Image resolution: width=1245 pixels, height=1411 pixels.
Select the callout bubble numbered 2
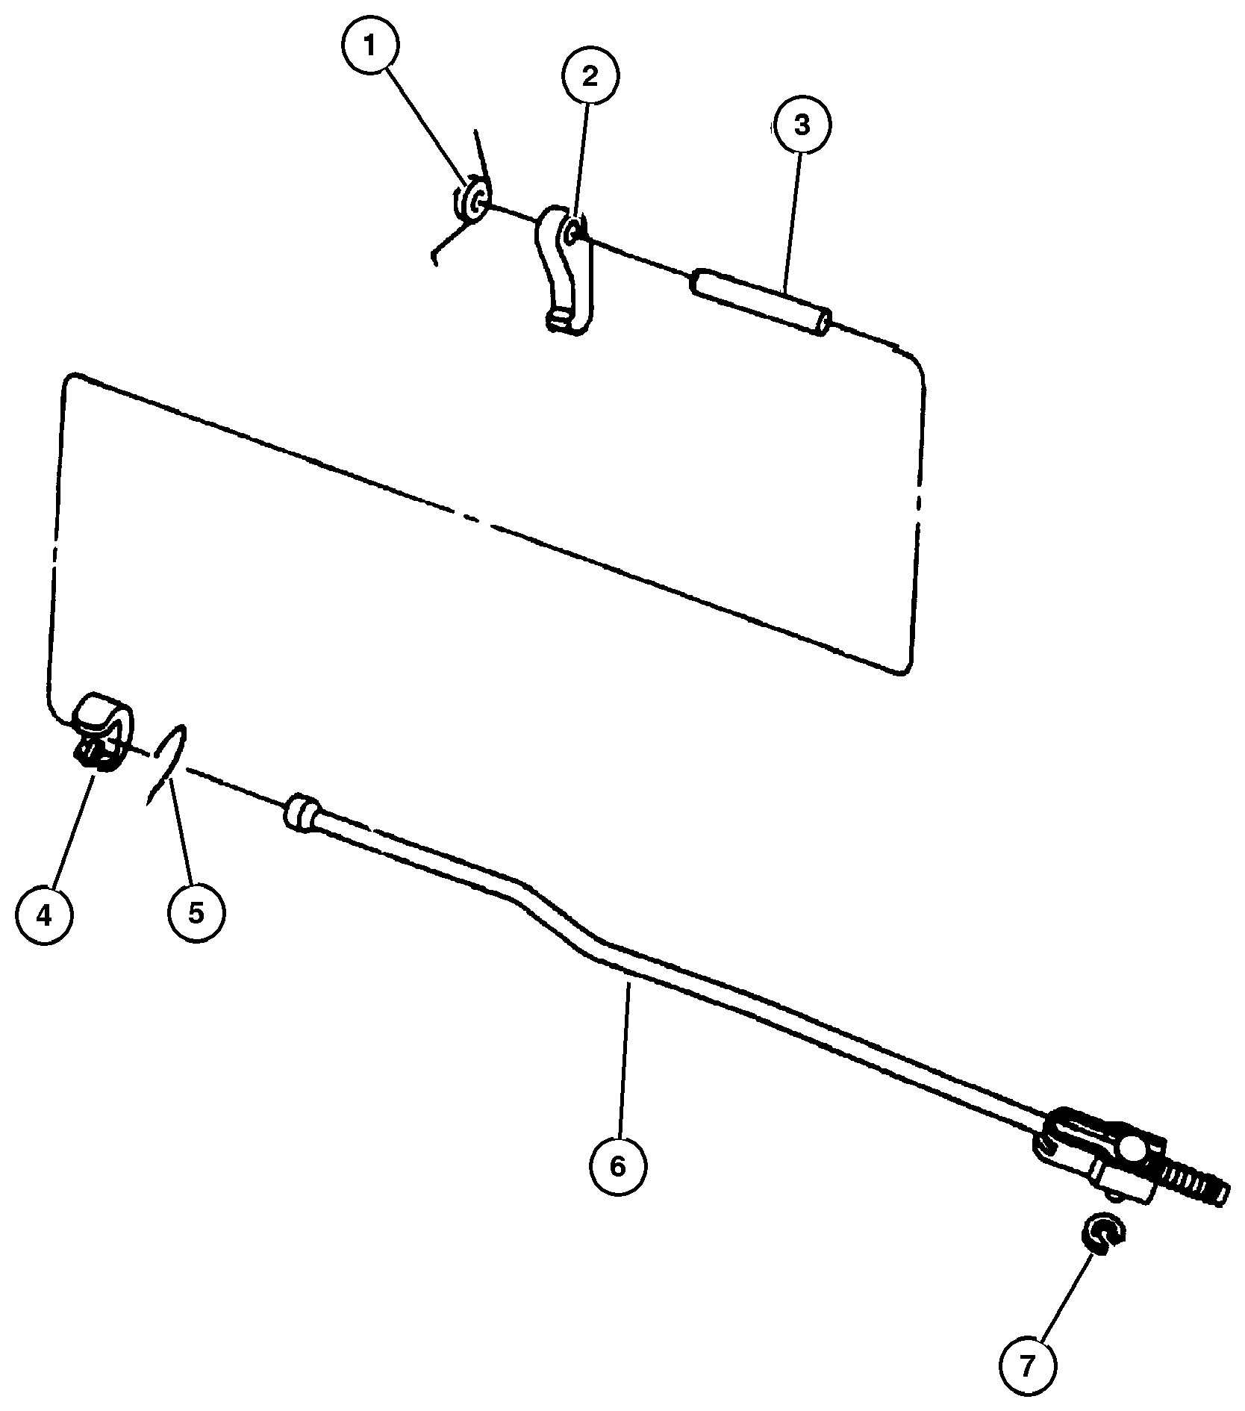590,76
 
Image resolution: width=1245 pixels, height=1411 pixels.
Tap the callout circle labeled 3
802,125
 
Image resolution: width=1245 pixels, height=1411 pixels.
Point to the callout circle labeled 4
45,915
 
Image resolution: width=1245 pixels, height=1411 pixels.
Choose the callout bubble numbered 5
196,912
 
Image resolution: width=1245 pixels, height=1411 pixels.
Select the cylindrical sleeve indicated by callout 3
762,303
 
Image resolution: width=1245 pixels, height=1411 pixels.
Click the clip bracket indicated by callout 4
103,730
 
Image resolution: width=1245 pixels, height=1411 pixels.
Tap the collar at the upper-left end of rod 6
303,812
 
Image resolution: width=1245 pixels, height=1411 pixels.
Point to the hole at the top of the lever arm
573,234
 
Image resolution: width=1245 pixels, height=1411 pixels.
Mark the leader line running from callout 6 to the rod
624,1060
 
